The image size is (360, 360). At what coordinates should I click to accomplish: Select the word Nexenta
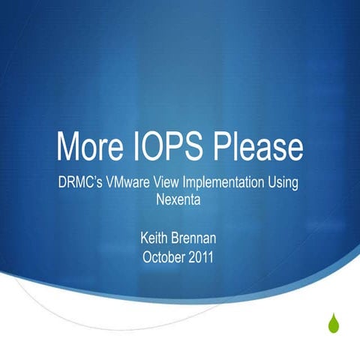click(x=180, y=201)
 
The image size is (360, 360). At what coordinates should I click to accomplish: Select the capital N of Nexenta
click(x=159, y=201)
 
